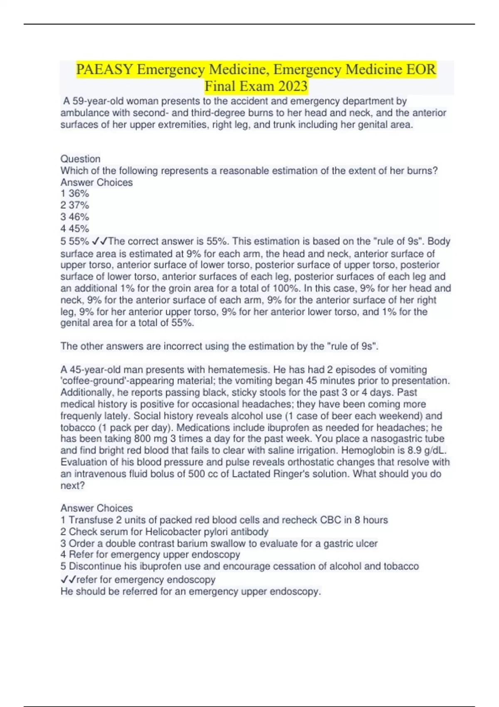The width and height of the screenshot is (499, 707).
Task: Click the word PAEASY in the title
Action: (x=104, y=69)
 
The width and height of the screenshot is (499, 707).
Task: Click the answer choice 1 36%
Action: (x=75, y=193)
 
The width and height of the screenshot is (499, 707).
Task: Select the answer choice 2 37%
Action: (x=75, y=205)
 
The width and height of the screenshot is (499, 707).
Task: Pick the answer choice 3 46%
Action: (x=75, y=217)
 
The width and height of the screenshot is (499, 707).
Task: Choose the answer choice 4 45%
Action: (x=75, y=228)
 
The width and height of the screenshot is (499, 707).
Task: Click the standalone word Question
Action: (x=81, y=159)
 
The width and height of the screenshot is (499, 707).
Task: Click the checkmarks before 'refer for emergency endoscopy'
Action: (x=68, y=579)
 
